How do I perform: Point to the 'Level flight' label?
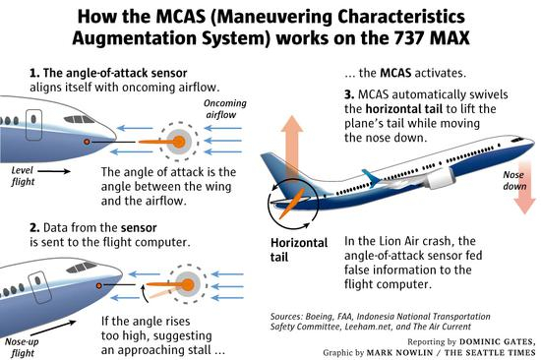click(x=21, y=175)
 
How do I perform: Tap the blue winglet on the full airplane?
click(x=372, y=178)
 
